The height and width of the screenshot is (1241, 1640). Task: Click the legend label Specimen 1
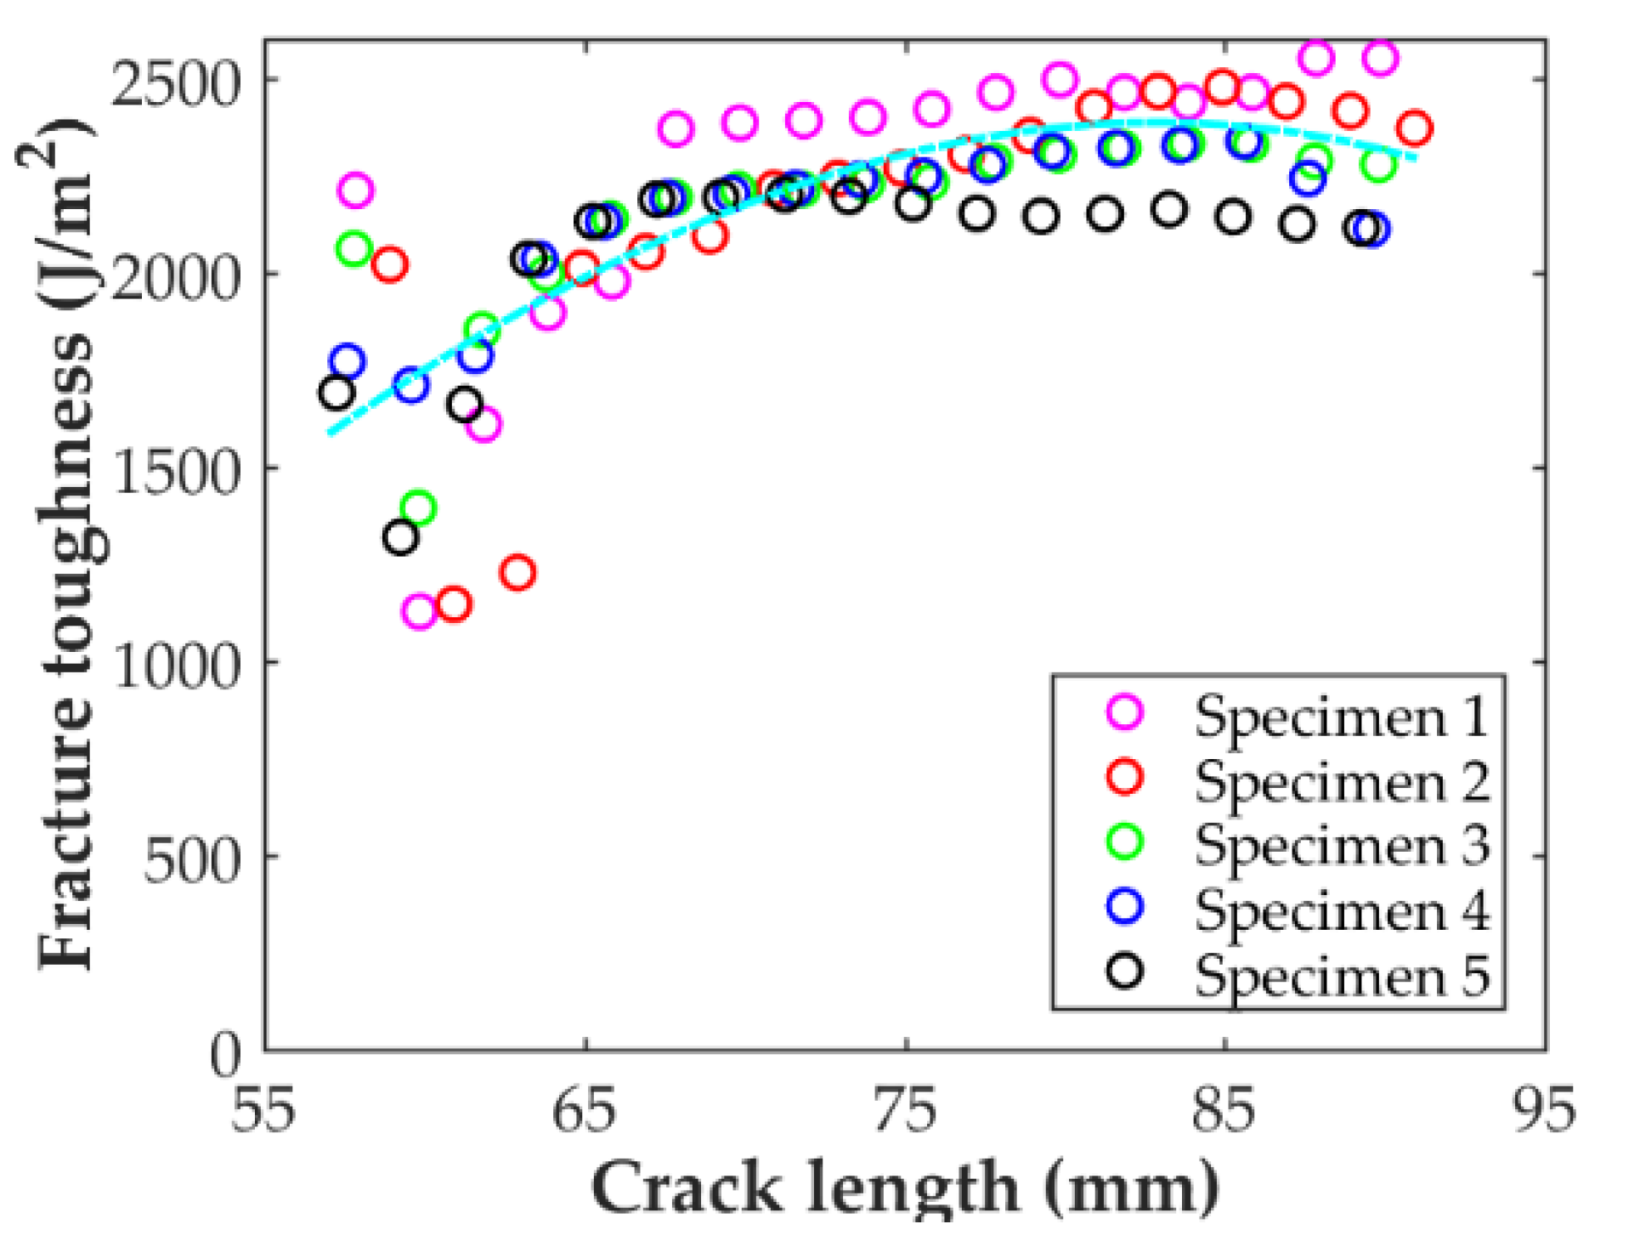pos(1341,716)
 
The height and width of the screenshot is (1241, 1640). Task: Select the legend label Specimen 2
pos(1341,780)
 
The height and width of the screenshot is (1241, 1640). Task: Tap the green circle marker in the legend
pos(1125,841)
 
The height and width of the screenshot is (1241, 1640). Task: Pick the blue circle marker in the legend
pos(1125,906)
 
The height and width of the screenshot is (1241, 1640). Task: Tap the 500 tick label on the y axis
pos(192,861)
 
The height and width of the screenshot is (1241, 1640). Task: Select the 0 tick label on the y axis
pos(226,1055)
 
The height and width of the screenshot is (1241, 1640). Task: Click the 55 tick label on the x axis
pos(263,1110)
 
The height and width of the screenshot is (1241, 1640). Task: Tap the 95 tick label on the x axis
pos(1544,1110)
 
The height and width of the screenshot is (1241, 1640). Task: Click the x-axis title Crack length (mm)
pos(906,1188)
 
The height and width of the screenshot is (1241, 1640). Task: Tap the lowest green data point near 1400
pos(418,509)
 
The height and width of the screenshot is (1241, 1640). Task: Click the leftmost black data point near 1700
pos(336,393)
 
